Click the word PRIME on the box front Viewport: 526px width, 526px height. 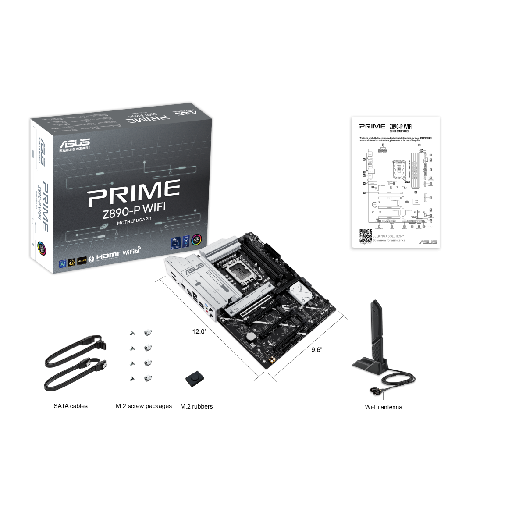[x=134, y=193]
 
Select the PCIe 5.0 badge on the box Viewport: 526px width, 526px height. [x=71, y=263]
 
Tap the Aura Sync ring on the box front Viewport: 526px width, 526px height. [x=197, y=241]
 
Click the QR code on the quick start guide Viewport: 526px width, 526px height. [x=366, y=235]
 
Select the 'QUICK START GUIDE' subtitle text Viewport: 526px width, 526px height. [x=399, y=131]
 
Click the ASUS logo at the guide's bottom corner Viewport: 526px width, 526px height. [x=428, y=242]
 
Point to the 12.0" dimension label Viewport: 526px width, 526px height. [x=199, y=331]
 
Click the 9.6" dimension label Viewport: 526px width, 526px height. [x=316, y=349]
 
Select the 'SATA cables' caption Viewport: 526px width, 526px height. [x=71, y=406]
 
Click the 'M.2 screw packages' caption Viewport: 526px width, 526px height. [x=144, y=406]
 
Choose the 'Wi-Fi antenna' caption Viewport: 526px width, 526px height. [x=384, y=407]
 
